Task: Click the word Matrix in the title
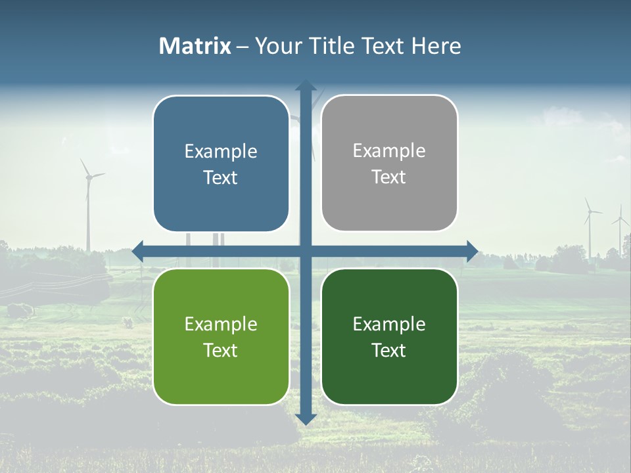pyautogui.click(x=195, y=46)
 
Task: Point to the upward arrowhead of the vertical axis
pyautogui.click(x=306, y=86)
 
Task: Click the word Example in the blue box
pyautogui.click(x=221, y=152)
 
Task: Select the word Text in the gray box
pyautogui.click(x=389, y=177)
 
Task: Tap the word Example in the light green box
pyautogui.click(x=221, y=325)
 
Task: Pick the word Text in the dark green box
pyautogui.click(x=389, y=351)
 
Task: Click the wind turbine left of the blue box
pyautogui.click(x=87, y=197)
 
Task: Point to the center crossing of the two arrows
pyautogui.click(x=306, y=251)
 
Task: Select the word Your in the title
pyautogui.click(x=275, y=46)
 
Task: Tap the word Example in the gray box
pyautogui.click(x=389, y=151)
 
